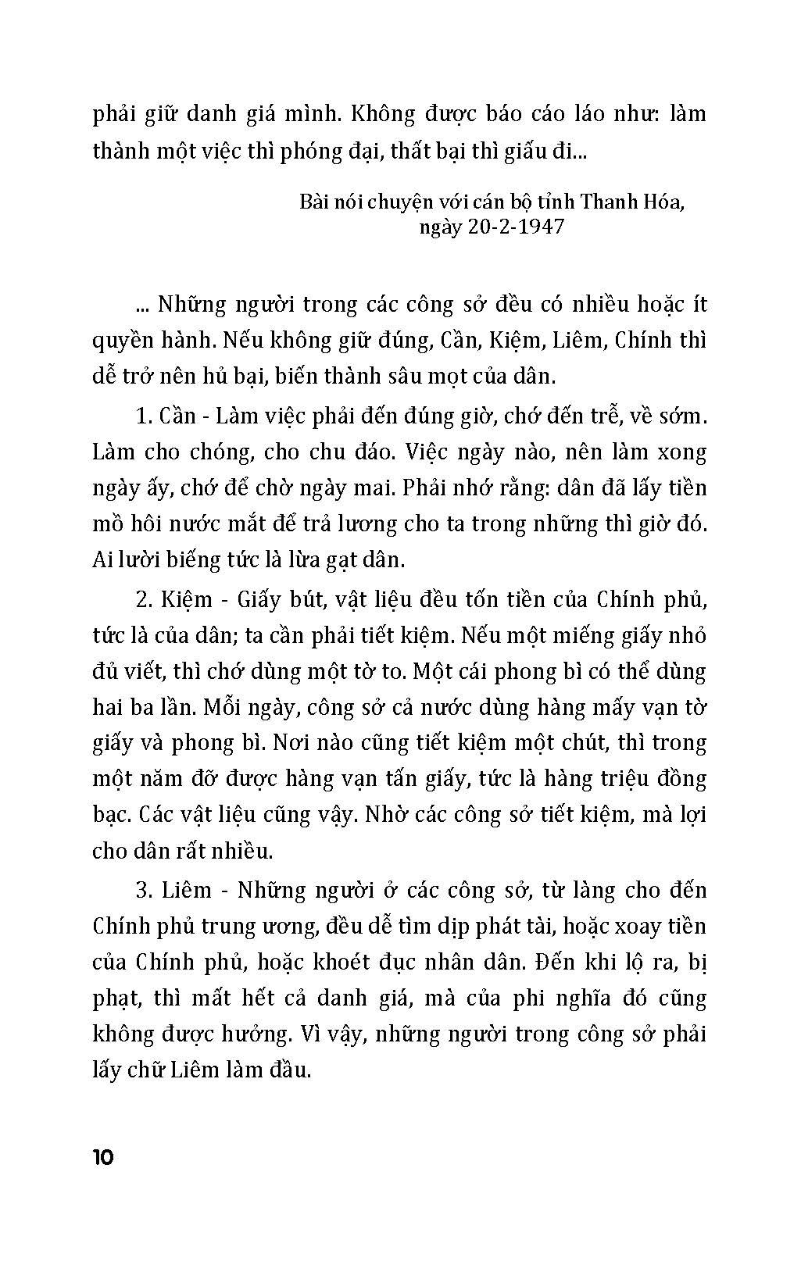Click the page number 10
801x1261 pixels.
tap(103, 1156)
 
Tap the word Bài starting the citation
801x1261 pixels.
tap(314, 202)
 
